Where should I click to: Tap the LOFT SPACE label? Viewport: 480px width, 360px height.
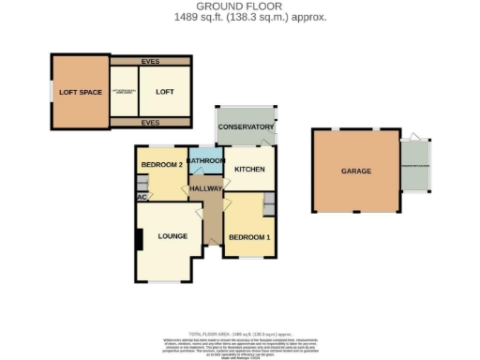coord(80,92)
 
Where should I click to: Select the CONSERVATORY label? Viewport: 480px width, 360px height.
coord(246,127)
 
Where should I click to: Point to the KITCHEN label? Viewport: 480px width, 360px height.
coord(249,169)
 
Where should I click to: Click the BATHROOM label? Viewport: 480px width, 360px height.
coord(205,160)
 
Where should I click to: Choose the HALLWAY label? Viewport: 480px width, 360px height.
coord(205,188)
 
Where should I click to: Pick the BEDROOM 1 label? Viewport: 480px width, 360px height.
coord(248,236)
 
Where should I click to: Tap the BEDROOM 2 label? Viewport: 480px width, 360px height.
coord(160,165)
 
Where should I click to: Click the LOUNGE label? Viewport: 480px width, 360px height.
coord(171,236)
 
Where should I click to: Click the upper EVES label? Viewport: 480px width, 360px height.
coord(150,62)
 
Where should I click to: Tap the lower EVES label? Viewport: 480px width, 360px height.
coord(150,122)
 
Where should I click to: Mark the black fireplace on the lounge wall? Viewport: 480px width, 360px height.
coord(140,240)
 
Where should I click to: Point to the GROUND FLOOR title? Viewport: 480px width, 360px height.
coord(239,7)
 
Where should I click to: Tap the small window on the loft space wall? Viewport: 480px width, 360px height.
coord(52,92)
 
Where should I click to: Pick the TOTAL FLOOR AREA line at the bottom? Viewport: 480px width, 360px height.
coord(241,333)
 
